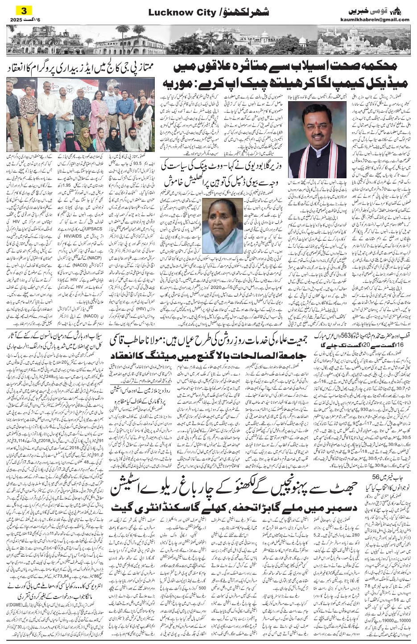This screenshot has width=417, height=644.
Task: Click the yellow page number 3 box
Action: tap(23, 10)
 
